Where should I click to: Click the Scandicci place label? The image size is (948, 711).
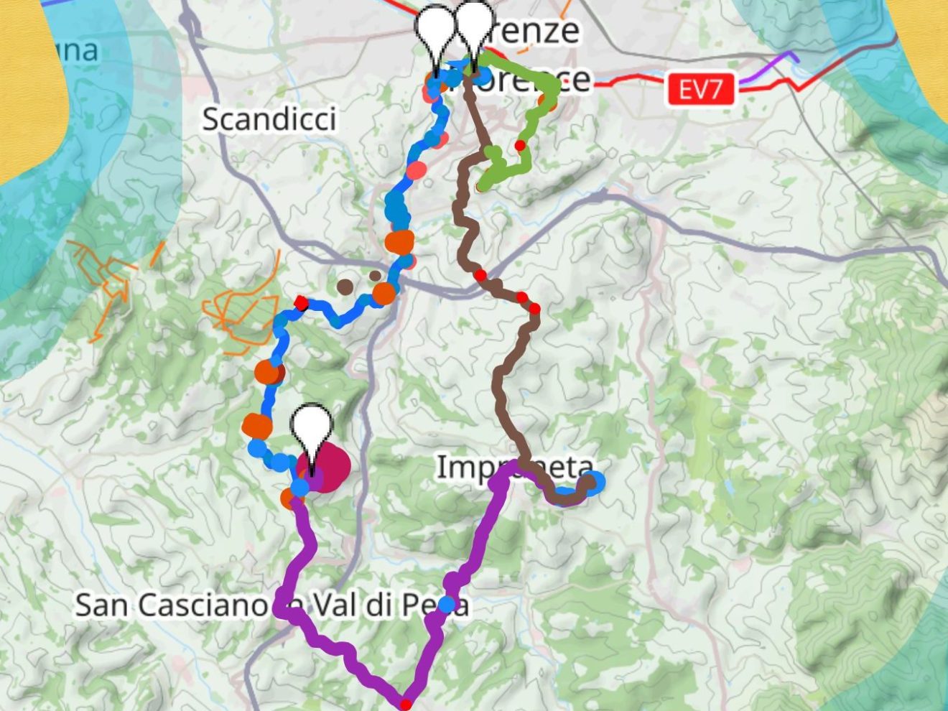coord(269,118)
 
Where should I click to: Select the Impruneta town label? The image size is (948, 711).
coord(516,468)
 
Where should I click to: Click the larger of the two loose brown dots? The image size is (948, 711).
coord(345,287)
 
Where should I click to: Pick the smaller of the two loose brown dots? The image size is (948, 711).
coord(375,276)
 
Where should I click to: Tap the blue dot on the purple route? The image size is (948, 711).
coord(447,605)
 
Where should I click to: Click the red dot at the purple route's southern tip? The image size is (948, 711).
coord(406,704)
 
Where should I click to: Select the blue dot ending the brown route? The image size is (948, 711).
coord(594,482)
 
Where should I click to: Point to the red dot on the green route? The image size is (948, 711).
coord(519,146)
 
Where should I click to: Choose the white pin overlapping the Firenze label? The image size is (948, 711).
coord(475,29)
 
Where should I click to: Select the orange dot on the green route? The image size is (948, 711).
coord(549,102)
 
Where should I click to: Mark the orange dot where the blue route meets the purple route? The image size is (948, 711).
coord(289,496)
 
